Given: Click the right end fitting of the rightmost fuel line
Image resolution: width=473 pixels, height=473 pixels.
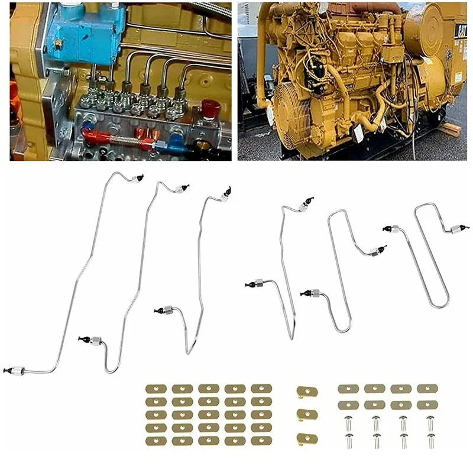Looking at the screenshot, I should (x=456, y=229).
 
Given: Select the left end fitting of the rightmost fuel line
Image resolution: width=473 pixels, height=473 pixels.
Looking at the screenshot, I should (x=391, y=228).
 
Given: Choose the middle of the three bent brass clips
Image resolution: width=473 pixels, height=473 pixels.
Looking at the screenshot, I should (x=307, y=413).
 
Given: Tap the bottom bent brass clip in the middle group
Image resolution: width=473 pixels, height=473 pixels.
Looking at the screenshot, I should (x=307, y=438).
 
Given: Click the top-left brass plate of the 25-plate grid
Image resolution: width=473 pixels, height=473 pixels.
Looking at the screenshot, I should (x=155, y=389).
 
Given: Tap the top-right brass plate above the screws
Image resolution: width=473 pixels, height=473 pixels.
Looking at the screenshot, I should (x=427, y=389).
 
